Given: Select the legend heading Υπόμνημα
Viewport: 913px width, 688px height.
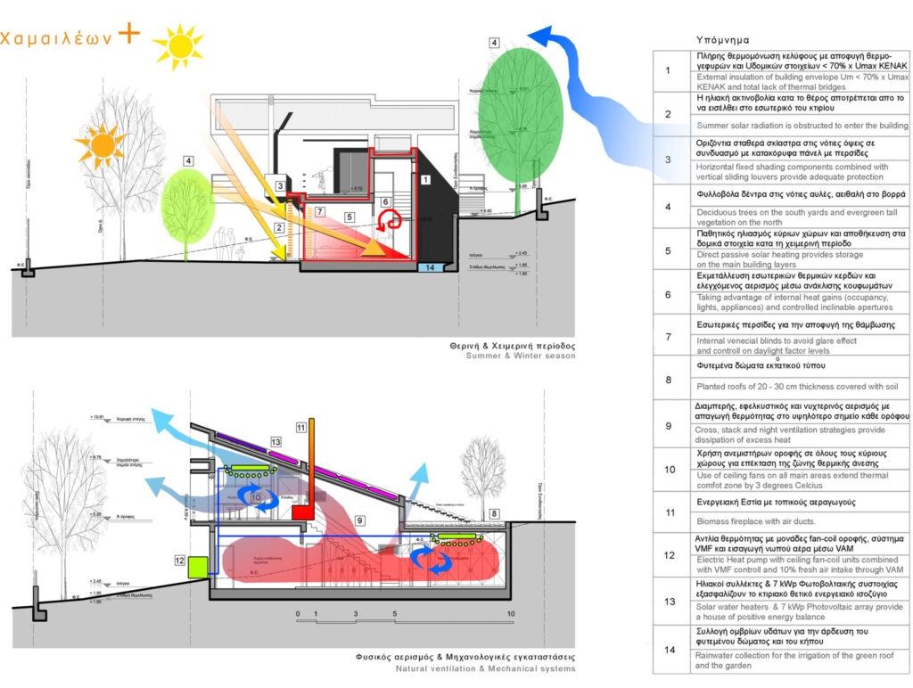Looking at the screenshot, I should pyautogui.click(x=721, y=40).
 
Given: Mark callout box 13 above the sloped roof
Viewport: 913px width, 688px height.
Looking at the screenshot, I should pyautogui.click(x=276, y=442).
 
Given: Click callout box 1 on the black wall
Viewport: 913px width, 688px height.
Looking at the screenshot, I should pyautogui.click(x=425, y=179).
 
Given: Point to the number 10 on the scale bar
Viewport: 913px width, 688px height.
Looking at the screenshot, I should pyautogui.click(x=511, y=615).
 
